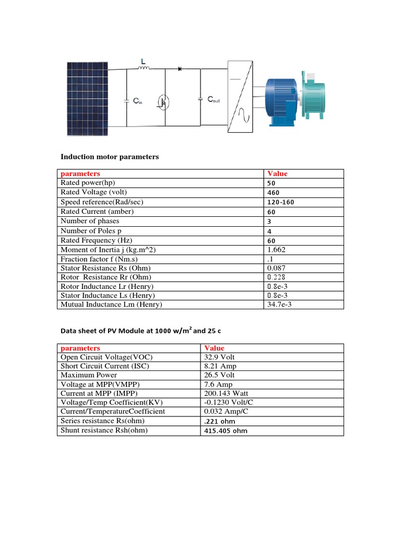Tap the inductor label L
click(x=143, y=62)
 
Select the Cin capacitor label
click(x=137, y=102)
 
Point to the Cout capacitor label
click(x=214, y=99)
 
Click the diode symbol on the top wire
click(x=181, y=69)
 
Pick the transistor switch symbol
click(x=163, y=102)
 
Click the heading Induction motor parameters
click(x=110, y=157)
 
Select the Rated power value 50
click(x=271, y=183)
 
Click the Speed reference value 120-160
click(x=282, y=202)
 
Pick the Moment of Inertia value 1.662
click(x=276, y=250)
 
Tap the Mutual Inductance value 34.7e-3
click(x=279, y=304)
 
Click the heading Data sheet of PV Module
click(x=144, y=330)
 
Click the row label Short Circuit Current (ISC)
click(x=105, y=366)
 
